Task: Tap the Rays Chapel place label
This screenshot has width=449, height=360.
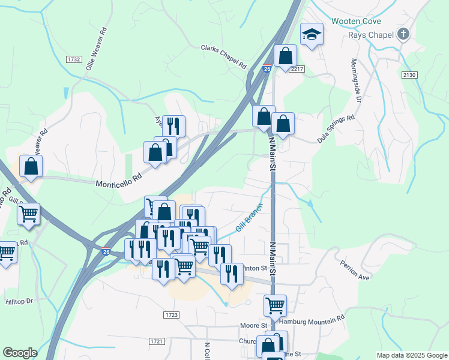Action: (372, 35)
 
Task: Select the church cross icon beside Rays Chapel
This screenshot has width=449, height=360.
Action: (403, 34)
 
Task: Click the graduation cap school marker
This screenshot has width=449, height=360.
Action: (312, 34)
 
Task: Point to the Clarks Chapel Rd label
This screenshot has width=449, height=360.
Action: (224, 56)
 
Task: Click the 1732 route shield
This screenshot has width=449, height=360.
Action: (74, 59)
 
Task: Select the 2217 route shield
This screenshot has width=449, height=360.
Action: (297, 70)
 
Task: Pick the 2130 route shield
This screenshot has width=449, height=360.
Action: (409, 74)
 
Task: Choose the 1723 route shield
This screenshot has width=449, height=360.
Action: (171, 314)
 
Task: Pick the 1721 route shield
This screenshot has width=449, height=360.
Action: (155, 341)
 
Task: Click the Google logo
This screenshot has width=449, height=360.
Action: (20, 353)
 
